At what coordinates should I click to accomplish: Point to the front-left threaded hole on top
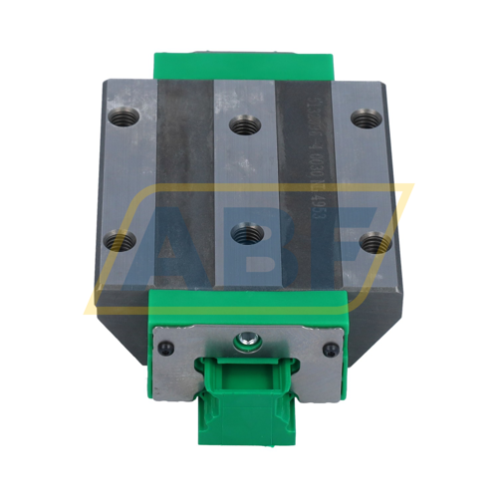click(122, 239)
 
